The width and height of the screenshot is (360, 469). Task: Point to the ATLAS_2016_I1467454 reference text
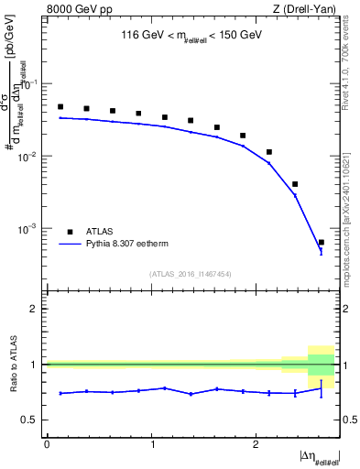click(191, 274)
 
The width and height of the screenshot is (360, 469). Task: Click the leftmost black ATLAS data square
click(60, 107)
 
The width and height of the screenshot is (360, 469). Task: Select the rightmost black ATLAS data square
click(321, 243)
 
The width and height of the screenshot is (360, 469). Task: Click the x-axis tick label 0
click(47, 443)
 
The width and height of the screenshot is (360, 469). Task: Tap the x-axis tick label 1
click(151, 443)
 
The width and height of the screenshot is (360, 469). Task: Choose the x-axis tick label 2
click(256, 443)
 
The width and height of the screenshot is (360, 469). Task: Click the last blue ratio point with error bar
click(321, 388)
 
